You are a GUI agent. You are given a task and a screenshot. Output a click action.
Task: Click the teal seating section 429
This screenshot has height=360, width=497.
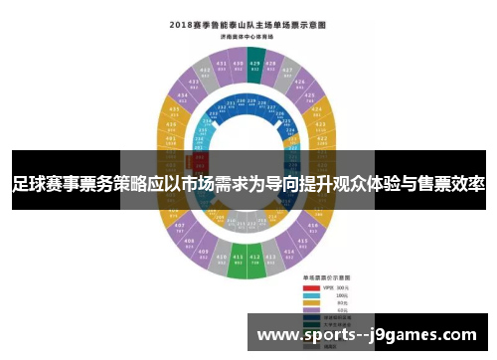(255, 63)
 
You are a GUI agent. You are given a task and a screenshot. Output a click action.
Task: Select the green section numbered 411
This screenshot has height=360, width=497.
(238, 262)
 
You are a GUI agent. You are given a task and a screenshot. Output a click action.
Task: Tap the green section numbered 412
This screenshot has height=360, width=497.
(255, 262)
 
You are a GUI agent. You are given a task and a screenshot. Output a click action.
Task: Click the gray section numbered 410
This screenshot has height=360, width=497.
(221, 258)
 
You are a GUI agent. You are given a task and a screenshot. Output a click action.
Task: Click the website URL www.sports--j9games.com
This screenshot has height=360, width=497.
(367, 335)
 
